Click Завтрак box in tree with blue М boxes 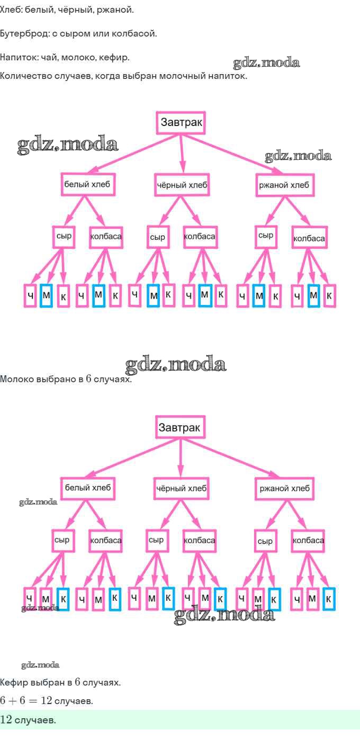(181, 123)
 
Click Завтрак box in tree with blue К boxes (181, 427)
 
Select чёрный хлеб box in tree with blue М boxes (182, 185)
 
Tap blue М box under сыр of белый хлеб (46, 295)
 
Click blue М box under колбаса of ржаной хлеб (313, 295)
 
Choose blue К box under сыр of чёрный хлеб (168, 598)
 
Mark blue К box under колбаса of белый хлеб (115, 599)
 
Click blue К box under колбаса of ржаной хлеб (329, 599)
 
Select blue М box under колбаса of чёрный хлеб (204, 295)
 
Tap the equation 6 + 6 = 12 (26, 701)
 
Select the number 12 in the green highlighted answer (6, 720)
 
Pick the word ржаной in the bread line (119, 10)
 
